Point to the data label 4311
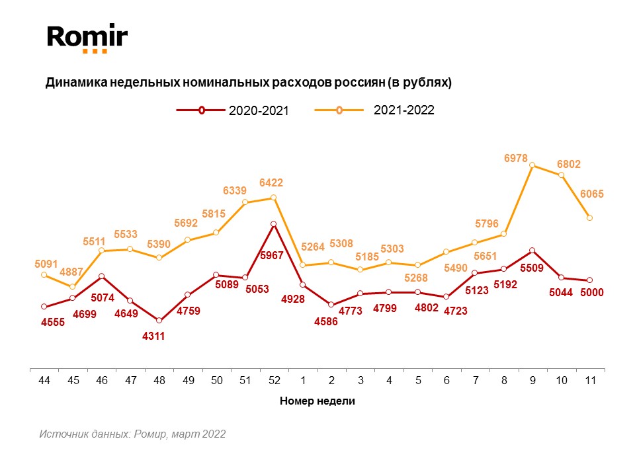(153, 336)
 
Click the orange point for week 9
(532, 165)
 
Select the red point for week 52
(273, 224)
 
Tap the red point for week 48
(159, 321)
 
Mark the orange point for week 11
(589, 218)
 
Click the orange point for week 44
(44, 274)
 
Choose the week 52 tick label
(274, 380)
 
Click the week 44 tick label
(44, 380)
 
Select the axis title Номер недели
(317, 401)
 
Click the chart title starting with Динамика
(248, 83)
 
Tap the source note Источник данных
(132, 434)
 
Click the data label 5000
(591, 293)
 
